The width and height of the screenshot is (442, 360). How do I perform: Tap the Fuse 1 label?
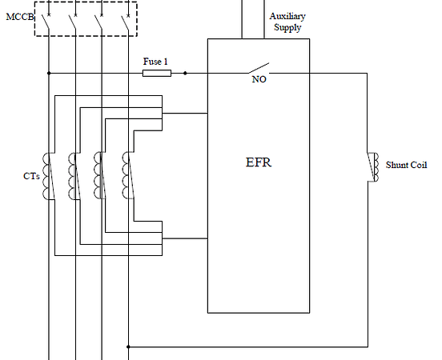click(x=155, y=61)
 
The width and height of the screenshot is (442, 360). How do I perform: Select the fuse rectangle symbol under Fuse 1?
click(x=156, y=73)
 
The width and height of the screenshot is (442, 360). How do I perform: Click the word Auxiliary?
click(x=287, y=16)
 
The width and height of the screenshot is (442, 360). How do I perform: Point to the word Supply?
click(x=287, y=27)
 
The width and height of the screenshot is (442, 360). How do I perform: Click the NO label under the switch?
click(x=259, y=80)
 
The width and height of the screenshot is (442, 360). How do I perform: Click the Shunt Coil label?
click(x=406, y=165)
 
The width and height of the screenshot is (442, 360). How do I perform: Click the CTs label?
click(x=31, y=175)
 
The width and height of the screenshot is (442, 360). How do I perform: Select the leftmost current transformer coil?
click(x=47, y=174)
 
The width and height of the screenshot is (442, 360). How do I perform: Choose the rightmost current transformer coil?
click(x=126, y=174)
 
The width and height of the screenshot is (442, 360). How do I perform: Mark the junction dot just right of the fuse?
click(x=185, y=73)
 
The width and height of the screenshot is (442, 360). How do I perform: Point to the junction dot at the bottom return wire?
click(x=128, y=347)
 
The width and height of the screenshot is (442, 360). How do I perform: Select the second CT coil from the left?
click(x=74, y=174)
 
